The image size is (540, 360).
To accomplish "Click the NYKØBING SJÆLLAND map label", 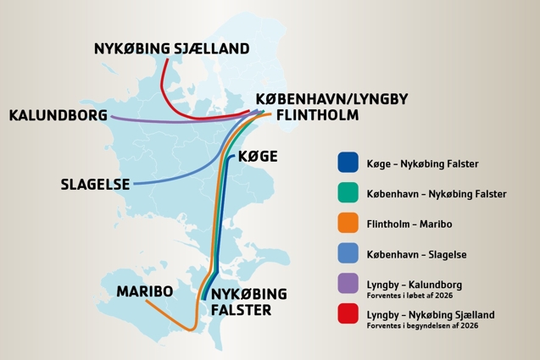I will coord(171,49).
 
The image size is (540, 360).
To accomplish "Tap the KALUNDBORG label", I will coord(58,115).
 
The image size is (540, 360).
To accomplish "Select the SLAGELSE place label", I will coord(96,184).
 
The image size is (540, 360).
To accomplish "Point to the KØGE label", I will coord(258,157).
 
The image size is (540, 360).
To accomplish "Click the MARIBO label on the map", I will coord(145,291).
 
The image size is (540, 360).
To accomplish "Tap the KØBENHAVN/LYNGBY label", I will coord(331,99).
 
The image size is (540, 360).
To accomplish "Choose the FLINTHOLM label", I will coord(317,114).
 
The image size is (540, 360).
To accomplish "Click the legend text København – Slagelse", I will coord(416,255).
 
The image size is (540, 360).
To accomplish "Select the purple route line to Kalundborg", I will coord(170,121).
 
